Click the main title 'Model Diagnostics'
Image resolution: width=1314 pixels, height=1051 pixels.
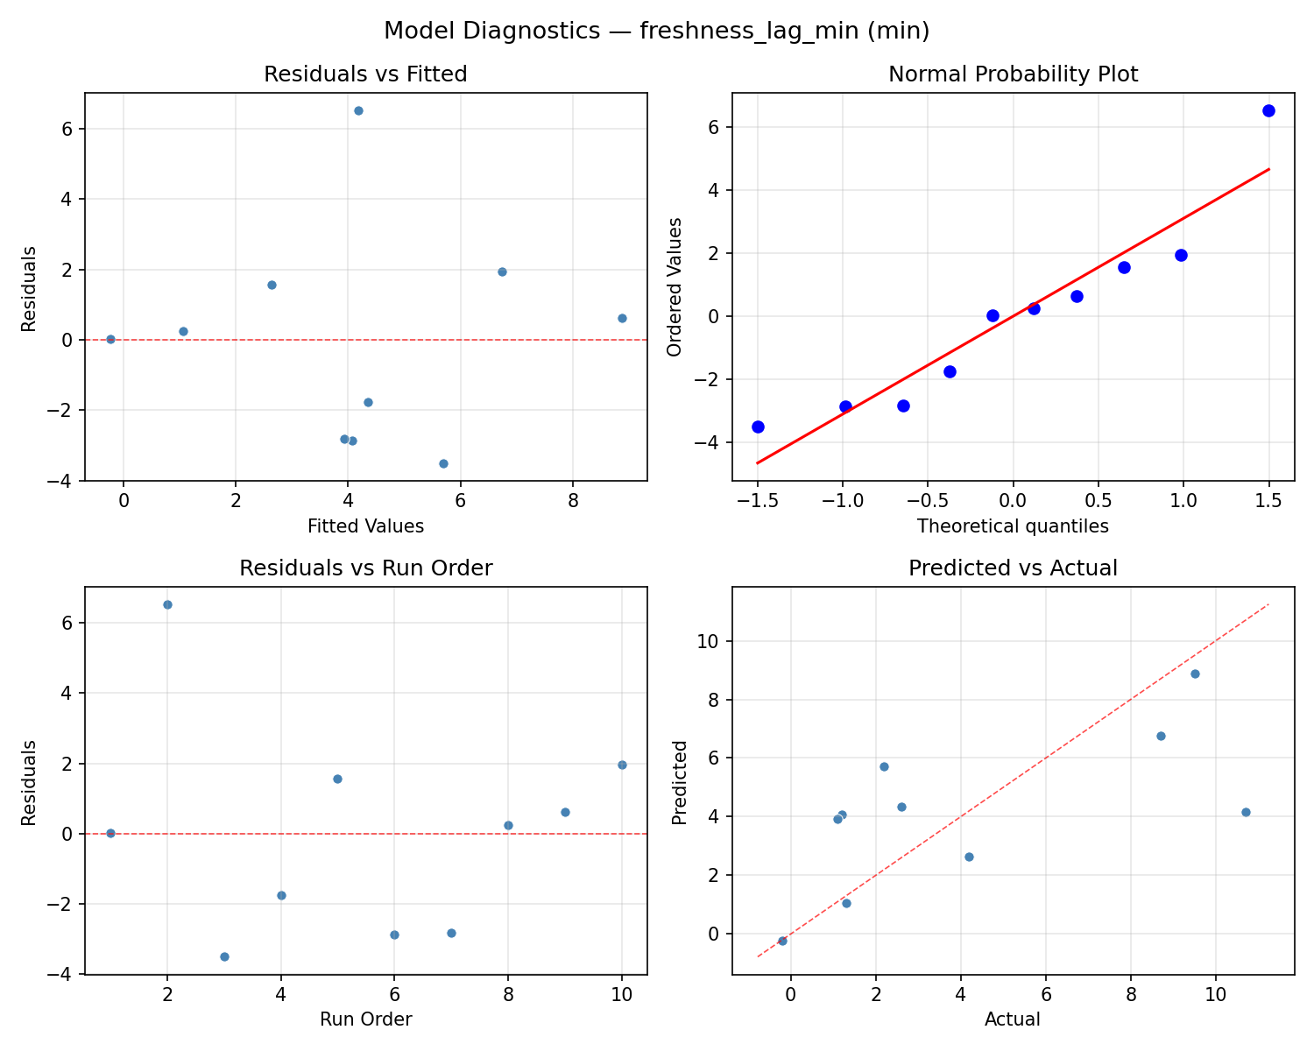click(656, 31)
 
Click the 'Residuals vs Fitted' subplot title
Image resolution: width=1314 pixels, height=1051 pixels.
click(365, 74)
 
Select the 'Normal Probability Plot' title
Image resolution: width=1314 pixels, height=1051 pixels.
click(1013, 74)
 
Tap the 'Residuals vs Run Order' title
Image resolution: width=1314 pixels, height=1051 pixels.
click(365, 568)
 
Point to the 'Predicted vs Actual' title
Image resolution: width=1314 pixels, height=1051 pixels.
click(1013, 568)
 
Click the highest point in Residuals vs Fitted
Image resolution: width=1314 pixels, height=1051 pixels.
click(358, 110)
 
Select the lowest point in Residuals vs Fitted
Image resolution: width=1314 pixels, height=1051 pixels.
click(443, 463)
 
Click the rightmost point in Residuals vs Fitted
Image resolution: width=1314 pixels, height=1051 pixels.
click(622, 318)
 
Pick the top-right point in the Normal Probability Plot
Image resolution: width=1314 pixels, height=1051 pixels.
click(1268, 110)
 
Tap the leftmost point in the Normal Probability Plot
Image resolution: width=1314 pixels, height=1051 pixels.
click(758, 427)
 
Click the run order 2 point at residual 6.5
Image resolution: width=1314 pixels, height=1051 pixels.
click(167, 604)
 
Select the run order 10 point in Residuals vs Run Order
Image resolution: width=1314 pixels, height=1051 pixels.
click(622, 765)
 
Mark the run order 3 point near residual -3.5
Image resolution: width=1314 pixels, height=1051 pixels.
click(224, 956)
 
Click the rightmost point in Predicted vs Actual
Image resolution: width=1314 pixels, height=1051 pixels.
click(1246, 812)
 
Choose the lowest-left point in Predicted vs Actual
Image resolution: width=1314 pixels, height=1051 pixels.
click(782, 941)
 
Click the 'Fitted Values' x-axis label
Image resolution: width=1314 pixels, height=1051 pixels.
click(365, 526)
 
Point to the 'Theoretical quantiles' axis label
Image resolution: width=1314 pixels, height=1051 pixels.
click(1013, 526)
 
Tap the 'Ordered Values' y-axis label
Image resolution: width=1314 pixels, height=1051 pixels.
click(674, 286)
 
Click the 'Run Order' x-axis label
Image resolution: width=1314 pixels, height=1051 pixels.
click(365, 1019)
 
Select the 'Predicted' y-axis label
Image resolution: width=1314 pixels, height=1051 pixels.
click(679, 781)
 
